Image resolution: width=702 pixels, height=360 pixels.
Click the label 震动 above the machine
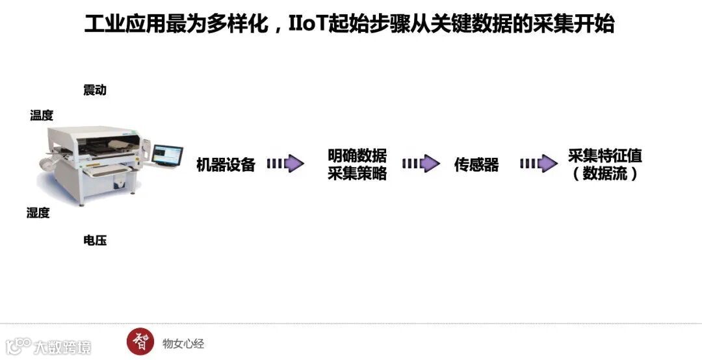click(x=94, y=90)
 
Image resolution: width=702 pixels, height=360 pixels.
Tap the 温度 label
click(x=42, y=116)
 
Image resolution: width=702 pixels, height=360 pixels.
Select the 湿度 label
click(x=38, y=213)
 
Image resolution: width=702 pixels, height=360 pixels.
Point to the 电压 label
click(x=94, y=240)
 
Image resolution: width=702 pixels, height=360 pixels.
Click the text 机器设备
click(x=226, y=165)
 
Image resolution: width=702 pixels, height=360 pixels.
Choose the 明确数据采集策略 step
click(x=357, y=164)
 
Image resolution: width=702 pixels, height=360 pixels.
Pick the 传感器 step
click(x=476, y=165)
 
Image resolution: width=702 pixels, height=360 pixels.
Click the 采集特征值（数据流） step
click(x=604, y=165)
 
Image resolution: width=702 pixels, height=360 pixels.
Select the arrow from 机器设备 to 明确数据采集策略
click(x=285, y=164)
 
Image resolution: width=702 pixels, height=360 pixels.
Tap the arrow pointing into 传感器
click(x=421, y=164)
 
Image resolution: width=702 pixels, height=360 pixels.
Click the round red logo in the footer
click(x=140, y=342)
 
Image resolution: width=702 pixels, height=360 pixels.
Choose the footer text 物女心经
click(x=183, y=343)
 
